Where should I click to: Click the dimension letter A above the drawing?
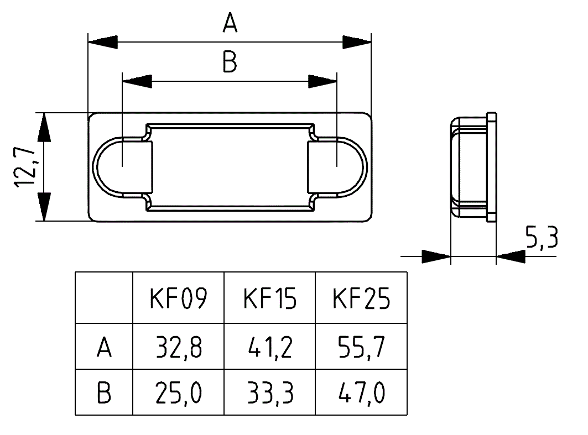point(230,24)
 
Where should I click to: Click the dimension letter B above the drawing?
point(230,63)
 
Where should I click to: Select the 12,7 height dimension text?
point(25,166)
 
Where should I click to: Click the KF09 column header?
point(178,299)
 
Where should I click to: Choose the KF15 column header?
point(269,299)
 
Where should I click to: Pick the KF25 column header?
point(361,299)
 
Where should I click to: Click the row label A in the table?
point(104,348)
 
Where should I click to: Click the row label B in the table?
point(104,394)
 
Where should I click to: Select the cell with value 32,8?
point(178,348)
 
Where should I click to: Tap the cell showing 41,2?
point(269,348)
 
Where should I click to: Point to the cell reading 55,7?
point(361,348)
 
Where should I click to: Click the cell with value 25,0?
point(178,394)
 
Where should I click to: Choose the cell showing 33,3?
point(269,394)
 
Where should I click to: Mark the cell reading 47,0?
point(361,394)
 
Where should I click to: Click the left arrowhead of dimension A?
point(103,43)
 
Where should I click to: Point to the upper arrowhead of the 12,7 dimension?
point(44,126)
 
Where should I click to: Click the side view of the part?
point(473,166)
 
